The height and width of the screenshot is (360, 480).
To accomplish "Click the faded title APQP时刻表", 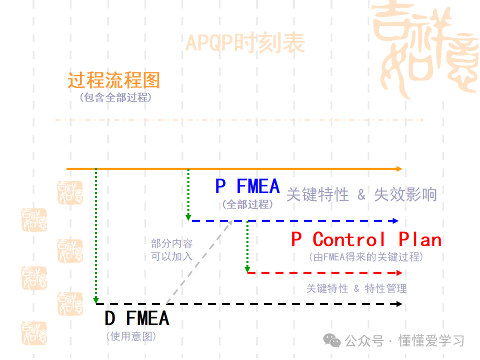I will tap(245, 43).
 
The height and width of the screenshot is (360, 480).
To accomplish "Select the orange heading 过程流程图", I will tap(114, 80).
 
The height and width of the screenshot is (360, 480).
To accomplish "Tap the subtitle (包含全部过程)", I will tap(115, 97).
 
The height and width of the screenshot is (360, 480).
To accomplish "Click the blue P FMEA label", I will tap(247, 186).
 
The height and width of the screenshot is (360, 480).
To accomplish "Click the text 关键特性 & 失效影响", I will tap(361, 194).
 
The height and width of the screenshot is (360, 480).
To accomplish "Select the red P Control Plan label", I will tap(366, 240).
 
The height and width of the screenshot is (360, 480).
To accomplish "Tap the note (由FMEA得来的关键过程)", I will tap(366, 257).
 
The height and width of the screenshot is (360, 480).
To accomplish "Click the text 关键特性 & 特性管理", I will tap(356, 288).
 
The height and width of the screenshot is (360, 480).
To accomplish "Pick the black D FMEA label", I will tap(136, 318).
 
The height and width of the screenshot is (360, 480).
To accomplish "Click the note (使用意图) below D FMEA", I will tap(131, 336).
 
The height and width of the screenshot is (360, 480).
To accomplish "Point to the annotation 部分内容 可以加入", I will tap(172, 250).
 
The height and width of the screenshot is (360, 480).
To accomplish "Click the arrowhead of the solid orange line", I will tap(399, 169).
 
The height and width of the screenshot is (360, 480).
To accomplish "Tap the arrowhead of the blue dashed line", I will tap(396, 220).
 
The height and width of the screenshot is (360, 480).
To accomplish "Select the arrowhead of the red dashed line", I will tap(399, 272).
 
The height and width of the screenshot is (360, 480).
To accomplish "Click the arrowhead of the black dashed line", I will tap(399, 303).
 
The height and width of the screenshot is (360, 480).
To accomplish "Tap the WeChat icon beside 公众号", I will tap(331, 340).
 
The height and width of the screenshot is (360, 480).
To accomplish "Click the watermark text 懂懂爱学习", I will tap(431, 341).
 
